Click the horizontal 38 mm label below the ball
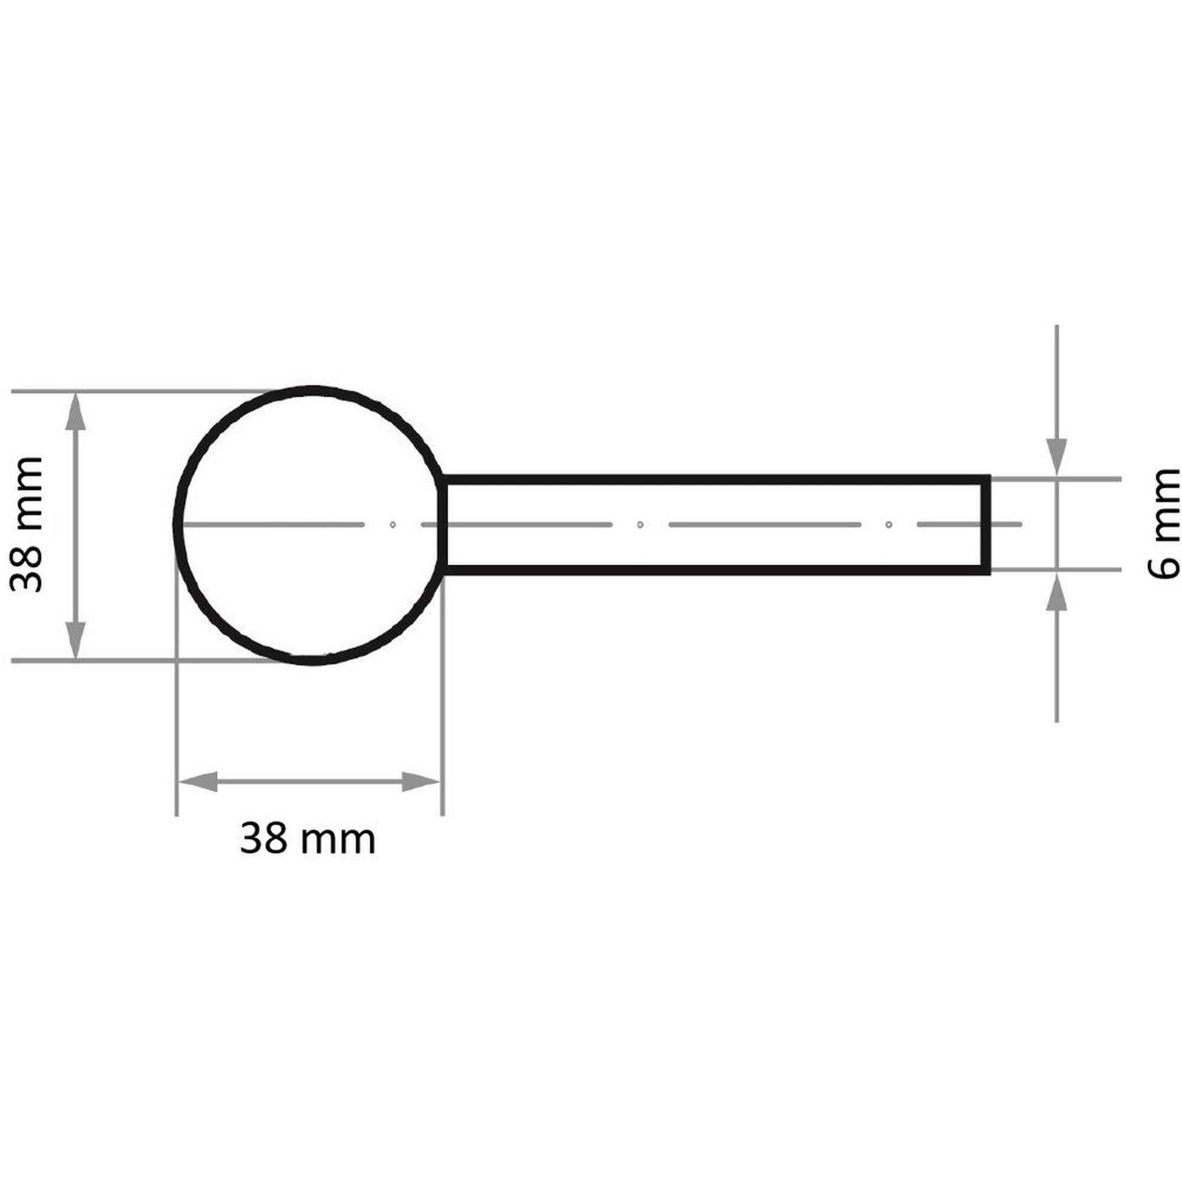[x=308, y=839]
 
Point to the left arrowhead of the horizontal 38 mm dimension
[x=197, y=782]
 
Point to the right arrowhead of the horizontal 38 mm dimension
[x=421, y=782]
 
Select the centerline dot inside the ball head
[x=393, y=524]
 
